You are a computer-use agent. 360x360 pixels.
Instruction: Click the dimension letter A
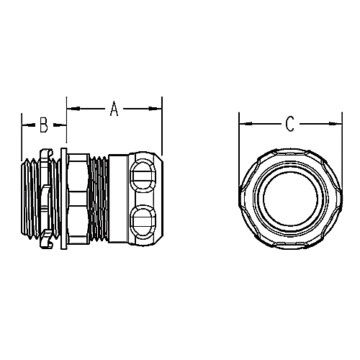[114, 109]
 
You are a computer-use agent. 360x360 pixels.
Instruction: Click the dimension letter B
[43, 126]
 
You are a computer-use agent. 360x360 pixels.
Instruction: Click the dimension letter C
[289, 125]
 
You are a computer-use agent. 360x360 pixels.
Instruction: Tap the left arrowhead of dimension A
[70, 109]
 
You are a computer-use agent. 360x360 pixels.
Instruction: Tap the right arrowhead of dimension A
[158, 109]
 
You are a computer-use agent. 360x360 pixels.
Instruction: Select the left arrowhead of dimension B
[25, 126]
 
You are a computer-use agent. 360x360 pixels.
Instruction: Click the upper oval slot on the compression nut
[142, 174]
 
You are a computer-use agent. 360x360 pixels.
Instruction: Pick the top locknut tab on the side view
[46, 152]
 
